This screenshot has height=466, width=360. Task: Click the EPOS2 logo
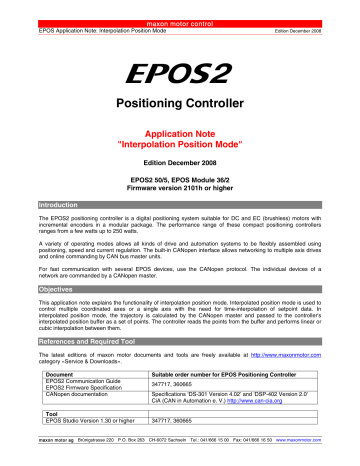(179, 71)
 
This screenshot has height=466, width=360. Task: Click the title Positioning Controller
(179, 102)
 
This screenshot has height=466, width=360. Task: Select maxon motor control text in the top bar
(180, 4)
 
